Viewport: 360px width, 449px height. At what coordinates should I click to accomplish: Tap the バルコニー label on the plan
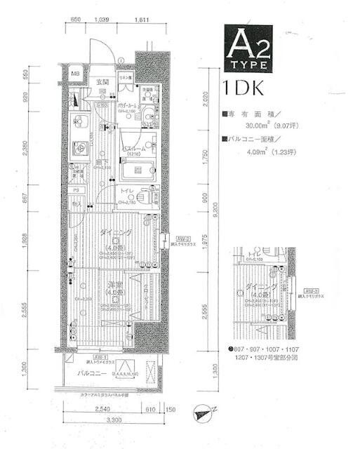click(92, 374)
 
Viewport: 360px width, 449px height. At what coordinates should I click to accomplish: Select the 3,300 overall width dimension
click(112, 419)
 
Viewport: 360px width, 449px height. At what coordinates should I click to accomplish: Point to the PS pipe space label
click(75, 190)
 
